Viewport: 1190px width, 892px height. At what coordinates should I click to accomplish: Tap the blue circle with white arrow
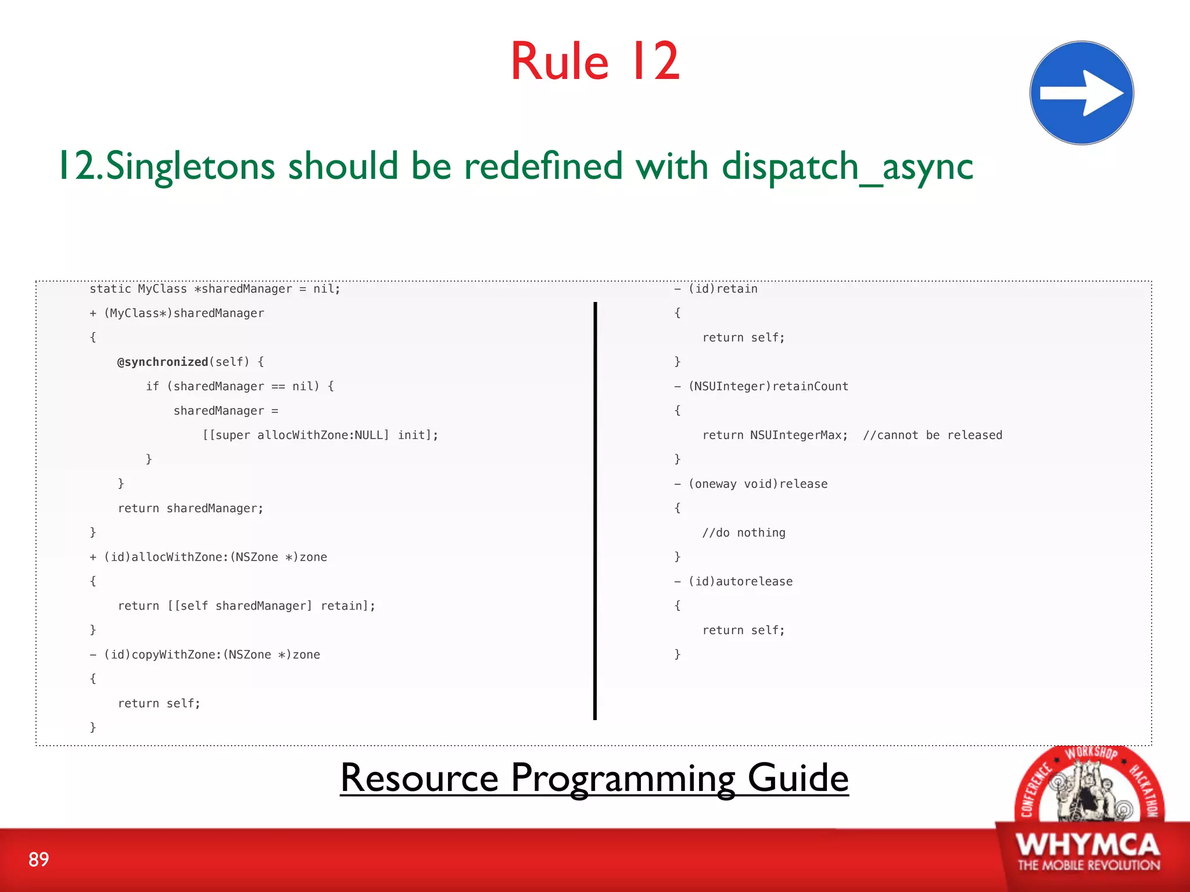(x=1081, y=93)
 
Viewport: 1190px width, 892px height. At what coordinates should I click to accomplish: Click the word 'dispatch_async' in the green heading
(x=847, y=167)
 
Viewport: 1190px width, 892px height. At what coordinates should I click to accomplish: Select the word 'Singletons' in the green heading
(x=191, y=167)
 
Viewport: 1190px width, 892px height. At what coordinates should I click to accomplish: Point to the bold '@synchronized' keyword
(x=163, y=362)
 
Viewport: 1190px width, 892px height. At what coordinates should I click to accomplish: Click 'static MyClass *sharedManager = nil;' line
(x=214, y=289)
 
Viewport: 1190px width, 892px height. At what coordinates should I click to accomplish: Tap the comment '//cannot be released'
(x=932, y=435)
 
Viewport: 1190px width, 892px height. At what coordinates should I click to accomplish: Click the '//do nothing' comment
(x=743, y=533)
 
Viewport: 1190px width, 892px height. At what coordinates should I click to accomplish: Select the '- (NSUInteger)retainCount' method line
(x=761, y=386)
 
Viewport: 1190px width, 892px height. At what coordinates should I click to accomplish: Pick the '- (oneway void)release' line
(x=751, y=484)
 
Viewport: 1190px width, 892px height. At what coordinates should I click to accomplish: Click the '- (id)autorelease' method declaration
(x=733, y=581)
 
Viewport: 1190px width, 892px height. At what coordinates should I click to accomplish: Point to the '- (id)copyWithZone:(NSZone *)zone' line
(x=205, y=654)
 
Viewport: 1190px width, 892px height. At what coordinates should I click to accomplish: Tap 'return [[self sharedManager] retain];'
(x=246, y=606)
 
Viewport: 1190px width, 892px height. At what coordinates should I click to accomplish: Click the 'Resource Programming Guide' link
(x=594, y=778)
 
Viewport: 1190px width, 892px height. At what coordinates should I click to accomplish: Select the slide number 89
(x=38, y=859)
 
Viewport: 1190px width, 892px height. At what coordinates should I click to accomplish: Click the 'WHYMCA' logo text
(x=1088, y=844)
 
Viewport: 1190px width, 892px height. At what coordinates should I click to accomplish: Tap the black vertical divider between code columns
(x=595, y=511)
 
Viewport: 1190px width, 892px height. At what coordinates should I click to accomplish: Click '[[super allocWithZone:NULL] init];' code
(x=320, y=435)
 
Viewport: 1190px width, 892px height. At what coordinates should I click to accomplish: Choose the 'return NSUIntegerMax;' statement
(x=775, y=435)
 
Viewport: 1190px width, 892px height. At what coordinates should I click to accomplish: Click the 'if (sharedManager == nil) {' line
(x=239, y=386)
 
